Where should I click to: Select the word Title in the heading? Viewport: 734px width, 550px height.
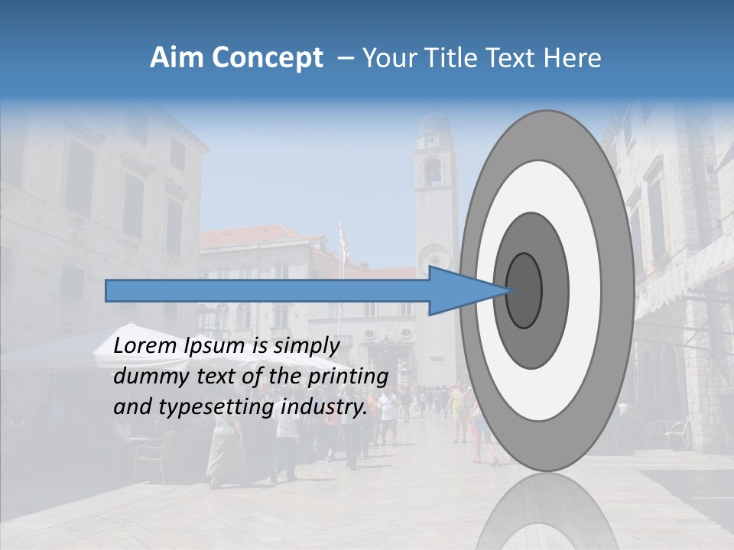pyautogui.click(x=445, y=58)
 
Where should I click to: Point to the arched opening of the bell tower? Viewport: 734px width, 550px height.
pyautogui.click(x=432, y=172)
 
